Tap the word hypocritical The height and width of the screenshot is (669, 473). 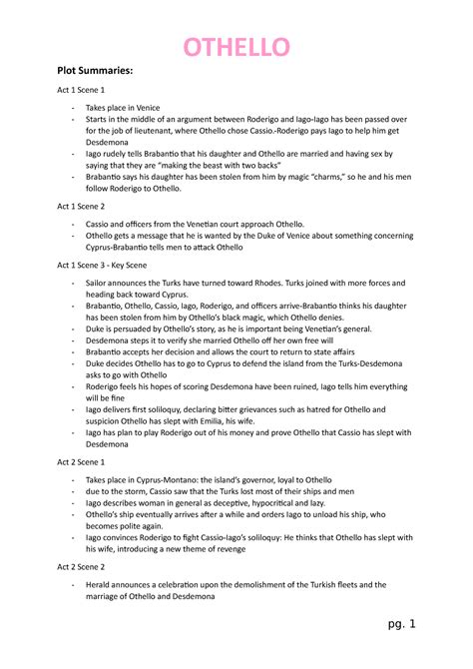[x=280, y=505]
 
